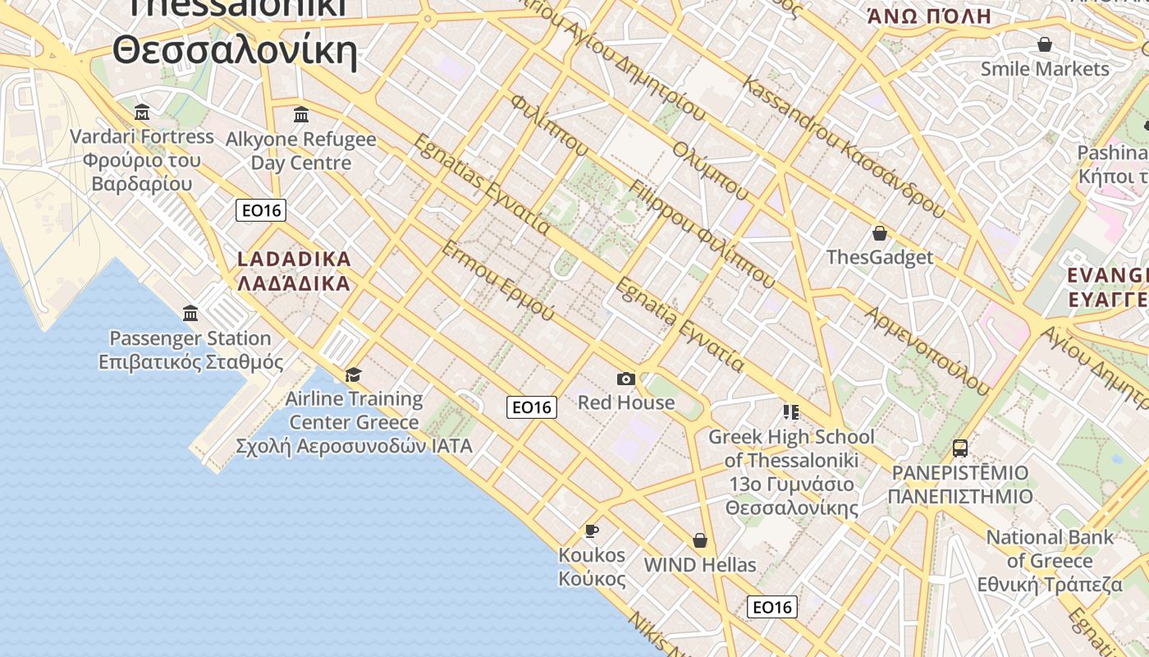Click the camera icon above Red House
[626, 379]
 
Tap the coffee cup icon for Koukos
[591, 531]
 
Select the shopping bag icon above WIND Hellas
[700, 540]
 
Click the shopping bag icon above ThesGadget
[880, 233]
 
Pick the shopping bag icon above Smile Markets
[1045, 44]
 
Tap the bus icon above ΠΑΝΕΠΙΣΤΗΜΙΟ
[959, 448]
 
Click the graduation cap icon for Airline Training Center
[353, 375]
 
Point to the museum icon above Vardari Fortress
[142, 112]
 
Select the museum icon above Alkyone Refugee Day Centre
[301, 114]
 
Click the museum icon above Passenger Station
[191, 313]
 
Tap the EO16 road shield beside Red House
[531, 407]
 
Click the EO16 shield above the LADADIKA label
[261, 210]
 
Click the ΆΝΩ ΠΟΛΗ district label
[929, 16]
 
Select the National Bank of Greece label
[1050, 561]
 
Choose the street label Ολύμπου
[711, 170]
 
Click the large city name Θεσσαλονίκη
[235, 51]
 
